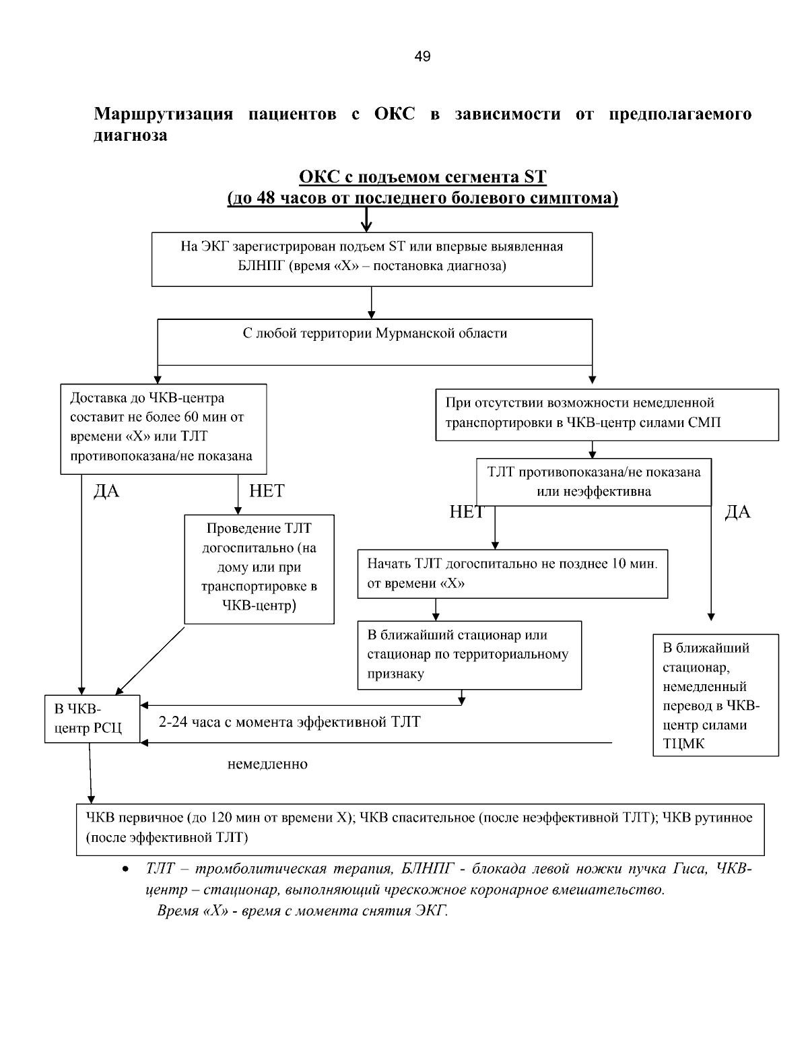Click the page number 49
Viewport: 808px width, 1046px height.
(422, 57)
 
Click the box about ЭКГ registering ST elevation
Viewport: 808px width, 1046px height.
(372, 259)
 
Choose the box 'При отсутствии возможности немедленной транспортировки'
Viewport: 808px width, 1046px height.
(606, 414)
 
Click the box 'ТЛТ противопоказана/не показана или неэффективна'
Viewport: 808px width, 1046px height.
(593, 482)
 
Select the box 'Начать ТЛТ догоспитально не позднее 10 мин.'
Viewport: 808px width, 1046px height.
(512, 573)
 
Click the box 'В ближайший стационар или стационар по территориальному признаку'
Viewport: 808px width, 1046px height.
(469, 655)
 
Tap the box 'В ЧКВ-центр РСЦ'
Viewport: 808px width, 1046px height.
(92, 719)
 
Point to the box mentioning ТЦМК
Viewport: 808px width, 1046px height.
(715, 695)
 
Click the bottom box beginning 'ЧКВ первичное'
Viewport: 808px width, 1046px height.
(419, 828)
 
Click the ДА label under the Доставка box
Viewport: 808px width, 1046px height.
(106, 492)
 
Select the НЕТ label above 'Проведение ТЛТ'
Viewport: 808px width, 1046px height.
(267, 491)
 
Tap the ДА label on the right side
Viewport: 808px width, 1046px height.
(737, 513)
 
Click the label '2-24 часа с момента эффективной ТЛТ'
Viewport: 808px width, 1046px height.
(290, 722)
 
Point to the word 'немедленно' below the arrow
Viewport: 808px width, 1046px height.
(267, 764)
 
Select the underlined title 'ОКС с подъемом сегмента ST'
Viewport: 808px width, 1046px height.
(422, 177)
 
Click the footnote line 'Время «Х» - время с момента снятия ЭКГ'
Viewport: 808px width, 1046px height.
(302, 911)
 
